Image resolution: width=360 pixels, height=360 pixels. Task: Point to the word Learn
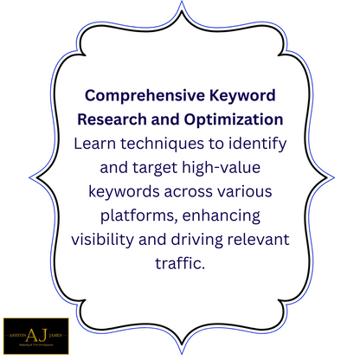(97, 142)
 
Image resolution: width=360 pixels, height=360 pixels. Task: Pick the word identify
(254, 142)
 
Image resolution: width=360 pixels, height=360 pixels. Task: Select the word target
(138, 164)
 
